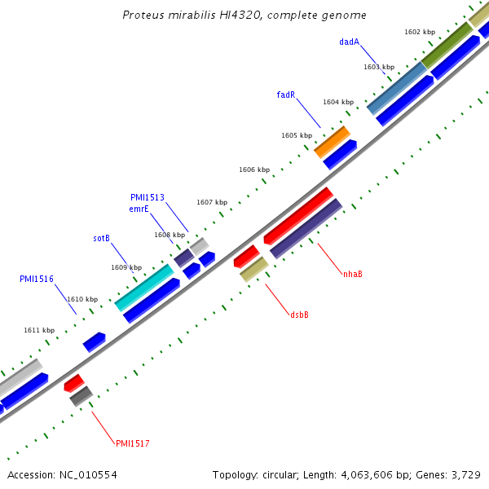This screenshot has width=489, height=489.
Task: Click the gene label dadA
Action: pos(349,42)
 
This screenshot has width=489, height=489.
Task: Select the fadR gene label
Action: pos(285,95)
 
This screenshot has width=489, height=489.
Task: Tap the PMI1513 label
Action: pos(147,197)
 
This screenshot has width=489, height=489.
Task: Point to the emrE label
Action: pos(139,209)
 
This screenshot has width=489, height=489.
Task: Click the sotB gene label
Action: pos(101,238)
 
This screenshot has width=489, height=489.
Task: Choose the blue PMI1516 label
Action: pos(37,279)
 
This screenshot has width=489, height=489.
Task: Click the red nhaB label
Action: pos(352,274)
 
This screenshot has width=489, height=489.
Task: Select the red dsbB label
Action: pos(299,315)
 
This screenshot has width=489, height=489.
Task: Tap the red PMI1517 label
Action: pos(132,443)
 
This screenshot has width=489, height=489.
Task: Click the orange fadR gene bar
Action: pos(332,142)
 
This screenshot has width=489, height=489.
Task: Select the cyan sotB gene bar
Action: pos(144,287)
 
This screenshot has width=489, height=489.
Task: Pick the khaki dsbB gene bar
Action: pos(254,269)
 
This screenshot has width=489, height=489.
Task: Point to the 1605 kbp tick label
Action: pos(297,135)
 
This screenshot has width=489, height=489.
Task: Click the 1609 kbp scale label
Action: pos(126,267)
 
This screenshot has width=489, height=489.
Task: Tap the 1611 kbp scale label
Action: pos(39,330)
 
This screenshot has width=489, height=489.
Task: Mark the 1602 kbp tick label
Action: pos(420,32)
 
